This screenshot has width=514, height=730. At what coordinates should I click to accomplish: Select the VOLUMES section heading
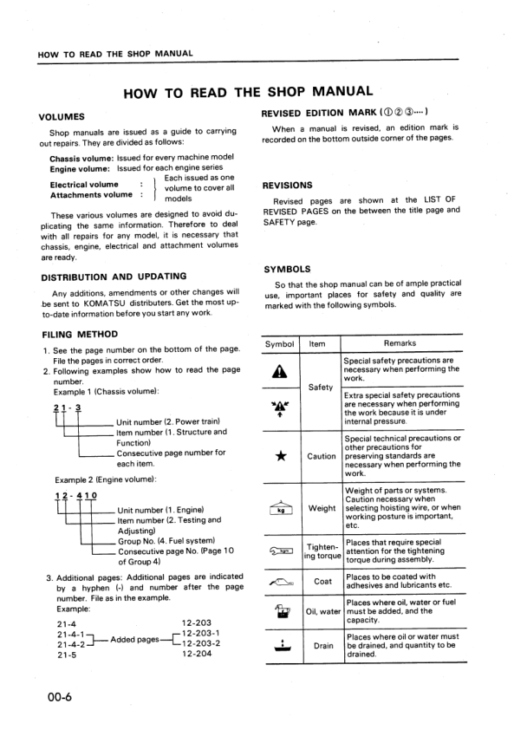tap(62, 116)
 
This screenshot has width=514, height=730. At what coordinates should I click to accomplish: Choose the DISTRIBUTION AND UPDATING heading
tap(114, 277)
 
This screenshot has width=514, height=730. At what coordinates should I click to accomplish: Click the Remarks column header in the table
tap(400, 343)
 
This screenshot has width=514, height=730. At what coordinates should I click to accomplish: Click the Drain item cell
tap(322, 646)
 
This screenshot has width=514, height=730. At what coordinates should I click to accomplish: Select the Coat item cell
tap(322, 582)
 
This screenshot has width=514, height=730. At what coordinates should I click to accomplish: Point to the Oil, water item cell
tap(322, 611)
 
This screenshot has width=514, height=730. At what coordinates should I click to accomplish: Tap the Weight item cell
tap(322, 508)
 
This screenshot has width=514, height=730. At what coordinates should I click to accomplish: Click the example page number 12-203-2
tap(203, 644)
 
